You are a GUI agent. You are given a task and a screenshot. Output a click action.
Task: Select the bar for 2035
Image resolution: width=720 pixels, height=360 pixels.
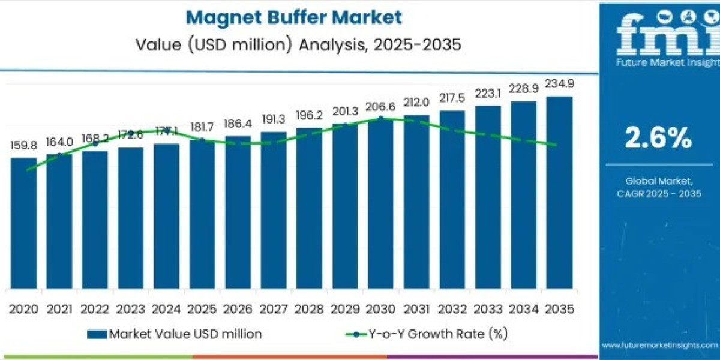[559, 192]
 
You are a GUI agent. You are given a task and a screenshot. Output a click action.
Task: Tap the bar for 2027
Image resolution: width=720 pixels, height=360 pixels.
[274, 210]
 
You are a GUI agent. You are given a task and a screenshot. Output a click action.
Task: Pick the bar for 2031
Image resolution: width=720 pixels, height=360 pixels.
[416, 202]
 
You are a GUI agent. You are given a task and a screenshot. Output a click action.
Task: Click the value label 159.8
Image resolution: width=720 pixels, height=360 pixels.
[23, 146]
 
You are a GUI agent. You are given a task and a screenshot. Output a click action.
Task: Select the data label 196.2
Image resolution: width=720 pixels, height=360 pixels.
[309, 115]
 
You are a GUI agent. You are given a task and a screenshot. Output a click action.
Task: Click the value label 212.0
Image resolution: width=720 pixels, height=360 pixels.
[416, 102]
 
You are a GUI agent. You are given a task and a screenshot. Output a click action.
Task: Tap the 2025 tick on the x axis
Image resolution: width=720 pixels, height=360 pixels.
[202, 309]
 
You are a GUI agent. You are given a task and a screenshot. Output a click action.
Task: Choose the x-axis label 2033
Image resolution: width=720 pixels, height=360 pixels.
[488, 309]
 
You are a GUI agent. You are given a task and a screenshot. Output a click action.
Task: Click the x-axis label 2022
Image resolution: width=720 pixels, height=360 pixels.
[95, 309]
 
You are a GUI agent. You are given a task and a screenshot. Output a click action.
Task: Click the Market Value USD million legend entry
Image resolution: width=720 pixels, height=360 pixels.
[174, 334]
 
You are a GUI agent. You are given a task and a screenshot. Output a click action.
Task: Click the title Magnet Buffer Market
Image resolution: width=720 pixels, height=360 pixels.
[294, 17]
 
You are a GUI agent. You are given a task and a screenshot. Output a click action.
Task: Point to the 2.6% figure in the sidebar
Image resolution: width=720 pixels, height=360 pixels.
[658, 139]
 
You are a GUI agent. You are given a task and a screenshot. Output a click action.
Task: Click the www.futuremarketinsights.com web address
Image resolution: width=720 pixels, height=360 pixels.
[659, 345]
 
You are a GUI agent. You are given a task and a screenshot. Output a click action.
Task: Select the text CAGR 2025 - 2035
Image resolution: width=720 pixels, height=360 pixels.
[658, 193]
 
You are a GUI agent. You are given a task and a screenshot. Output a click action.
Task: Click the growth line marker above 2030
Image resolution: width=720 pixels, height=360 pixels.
[380, 119]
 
